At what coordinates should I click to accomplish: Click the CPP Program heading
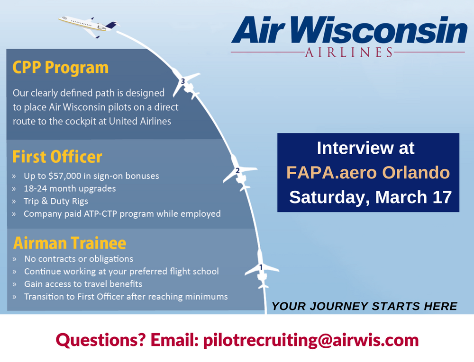click(60, 68)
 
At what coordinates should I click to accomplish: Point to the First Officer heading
click(57, 157)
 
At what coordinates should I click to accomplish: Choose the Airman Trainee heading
click(69, 243)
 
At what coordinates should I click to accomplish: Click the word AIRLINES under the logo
click(348, 52)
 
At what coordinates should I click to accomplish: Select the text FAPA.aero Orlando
click(368, 172)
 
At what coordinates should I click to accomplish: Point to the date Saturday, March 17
click(370, 197)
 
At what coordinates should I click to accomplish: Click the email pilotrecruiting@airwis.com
click(310, 340)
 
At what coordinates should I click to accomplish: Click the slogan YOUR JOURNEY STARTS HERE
click(365, 306)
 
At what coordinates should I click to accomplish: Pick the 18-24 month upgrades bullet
click(70, 188)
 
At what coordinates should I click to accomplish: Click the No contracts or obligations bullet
click(78, 259)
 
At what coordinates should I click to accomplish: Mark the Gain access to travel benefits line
click(83, 284)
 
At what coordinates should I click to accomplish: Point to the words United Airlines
click(140, 121)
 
